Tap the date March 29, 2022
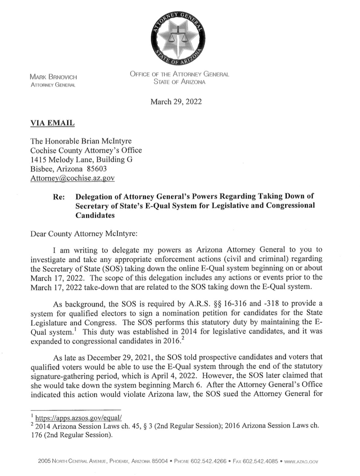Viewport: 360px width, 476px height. click(176, 101)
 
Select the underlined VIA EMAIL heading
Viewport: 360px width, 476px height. click(52, 123)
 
